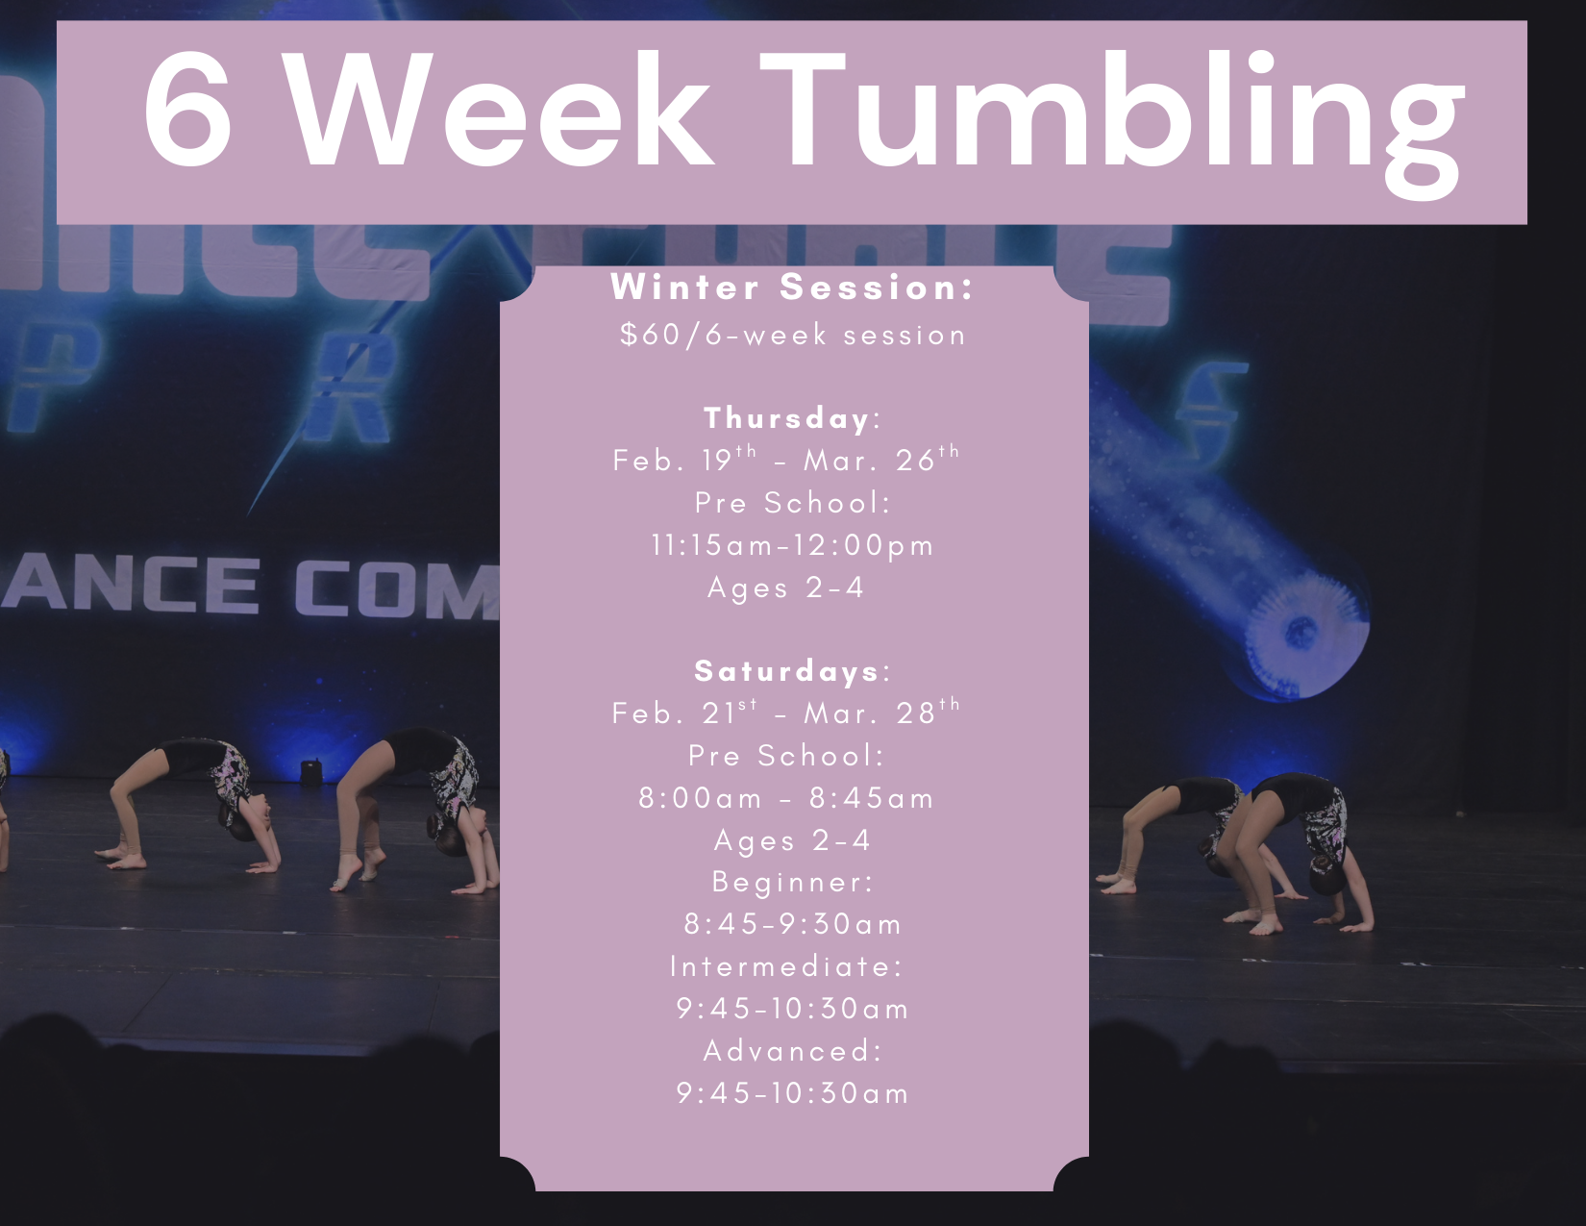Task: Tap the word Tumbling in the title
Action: [1111, 113]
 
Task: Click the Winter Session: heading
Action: [793, 287]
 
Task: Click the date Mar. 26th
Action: [880, 460]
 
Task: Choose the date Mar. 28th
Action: [880, 713]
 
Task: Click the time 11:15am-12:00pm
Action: [792, 545]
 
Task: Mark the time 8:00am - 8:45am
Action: [786, 798]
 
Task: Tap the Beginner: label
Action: [793, 882]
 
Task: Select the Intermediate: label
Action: [787, 966]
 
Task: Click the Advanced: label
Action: [793, 1051]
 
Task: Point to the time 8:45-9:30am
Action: [793, 924]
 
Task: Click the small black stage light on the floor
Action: [310, 770]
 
